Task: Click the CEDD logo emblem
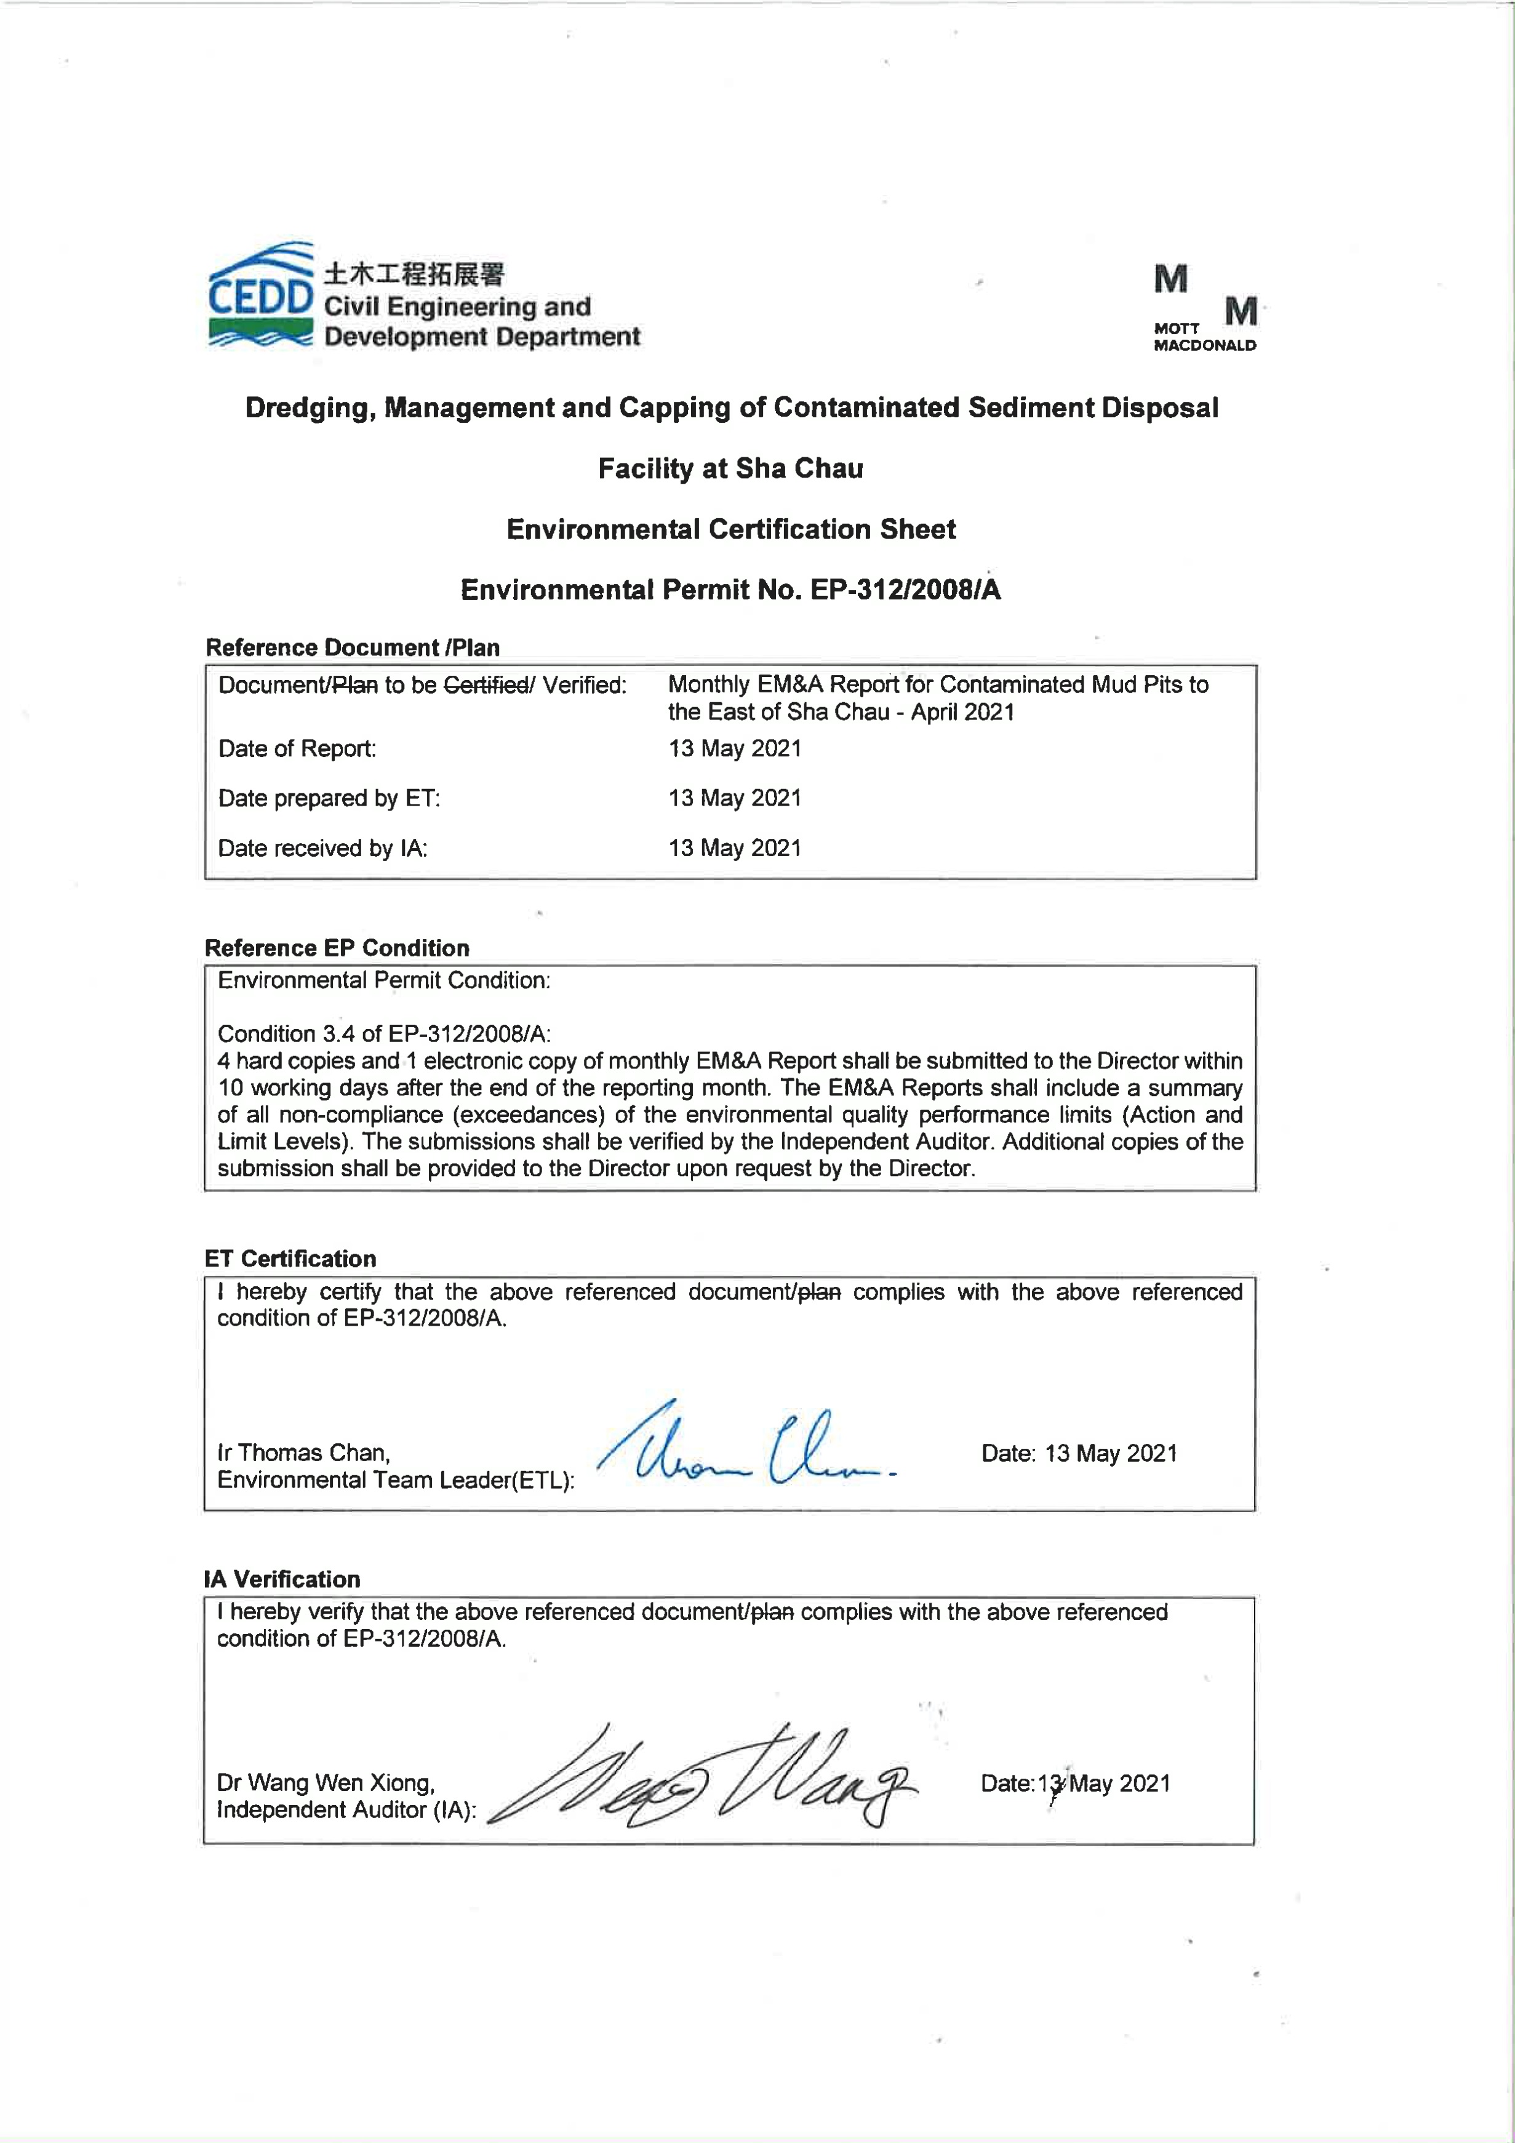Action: [260, 295]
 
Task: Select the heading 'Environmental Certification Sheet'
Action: [731, 529]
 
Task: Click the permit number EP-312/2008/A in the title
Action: [905, 590]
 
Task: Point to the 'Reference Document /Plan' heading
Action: [352, 647]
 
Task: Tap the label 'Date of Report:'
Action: [297, 748]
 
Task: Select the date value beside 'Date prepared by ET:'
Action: [735, 798]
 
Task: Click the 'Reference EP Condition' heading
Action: [337, 948]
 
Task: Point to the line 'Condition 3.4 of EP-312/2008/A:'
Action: [383, 1033]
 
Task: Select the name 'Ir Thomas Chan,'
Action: [303, 1452]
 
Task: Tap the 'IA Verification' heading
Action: [282, 1579]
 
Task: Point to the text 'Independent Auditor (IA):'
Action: [346, 1810]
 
